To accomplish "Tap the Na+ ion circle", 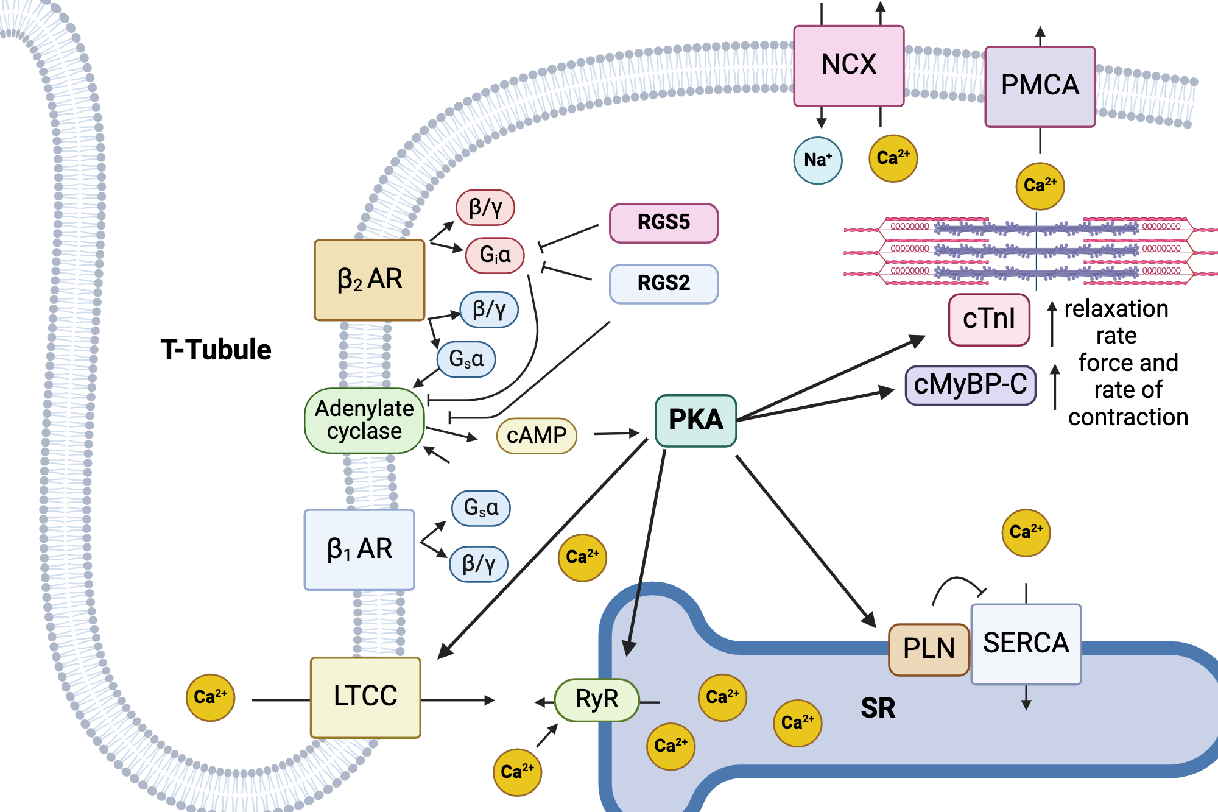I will coord(818,160).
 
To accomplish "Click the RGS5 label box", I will coord(663,223).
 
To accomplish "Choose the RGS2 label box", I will coord(663,284).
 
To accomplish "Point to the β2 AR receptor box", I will coord(369,280).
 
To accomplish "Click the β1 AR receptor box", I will coord(359,549).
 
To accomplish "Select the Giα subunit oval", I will coord(495,255).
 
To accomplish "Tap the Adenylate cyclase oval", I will coord(364,420).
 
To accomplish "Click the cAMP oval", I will coord(536,436).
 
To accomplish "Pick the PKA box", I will coord(695,420).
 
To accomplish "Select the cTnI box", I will coord(988,319).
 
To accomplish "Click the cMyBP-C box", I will coord(970,385).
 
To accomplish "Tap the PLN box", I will coord(929,649).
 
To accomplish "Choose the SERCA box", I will coord(1026,644).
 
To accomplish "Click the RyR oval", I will coord(597,700).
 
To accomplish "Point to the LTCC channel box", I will coord(365,697).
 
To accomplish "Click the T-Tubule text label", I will coord(216,350).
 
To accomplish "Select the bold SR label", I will coord(878,708).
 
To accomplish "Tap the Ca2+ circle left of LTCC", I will coord(210,697).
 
